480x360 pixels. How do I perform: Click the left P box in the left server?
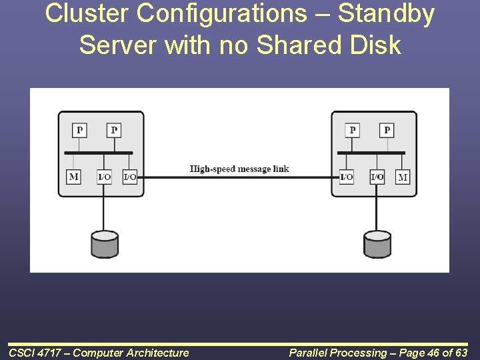click(79, 130)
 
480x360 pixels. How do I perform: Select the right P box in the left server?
click(114, 130)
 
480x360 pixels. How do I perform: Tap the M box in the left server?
click(73, 177)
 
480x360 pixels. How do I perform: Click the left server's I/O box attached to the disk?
click(104, 177)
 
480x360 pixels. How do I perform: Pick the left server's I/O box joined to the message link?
click(130, 177)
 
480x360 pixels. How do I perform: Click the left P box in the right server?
click(352, 130)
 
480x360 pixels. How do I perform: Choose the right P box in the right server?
click(387, 130)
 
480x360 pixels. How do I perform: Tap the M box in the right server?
click(403, 177)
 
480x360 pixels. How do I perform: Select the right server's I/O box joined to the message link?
click(346, 177)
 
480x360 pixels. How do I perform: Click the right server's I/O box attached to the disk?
click(377, 177)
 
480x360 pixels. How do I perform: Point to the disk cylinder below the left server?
click(104, 244)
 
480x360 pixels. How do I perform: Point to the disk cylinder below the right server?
click(377, 244)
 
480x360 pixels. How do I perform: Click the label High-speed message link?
click(239, 169)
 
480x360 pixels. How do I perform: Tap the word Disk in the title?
click(376, 45)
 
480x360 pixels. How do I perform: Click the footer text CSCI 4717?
click(35, 353)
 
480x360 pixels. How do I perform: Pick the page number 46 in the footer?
click(427, 353)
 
